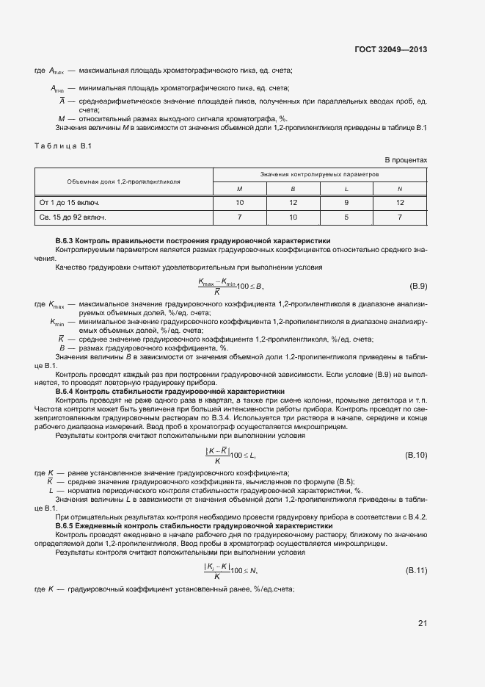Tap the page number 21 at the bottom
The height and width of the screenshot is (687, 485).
tap(422, 624)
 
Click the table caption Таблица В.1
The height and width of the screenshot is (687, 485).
tap(62, 145)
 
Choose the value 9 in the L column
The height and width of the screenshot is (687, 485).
tap(346, 202)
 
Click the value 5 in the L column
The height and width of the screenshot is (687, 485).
tap(346, 217)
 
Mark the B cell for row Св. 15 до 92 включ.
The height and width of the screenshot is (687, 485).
tap(293, 217)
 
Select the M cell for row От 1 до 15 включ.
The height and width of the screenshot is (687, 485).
tap(239, 202)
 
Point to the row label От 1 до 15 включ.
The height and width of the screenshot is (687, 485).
tap(69, 202)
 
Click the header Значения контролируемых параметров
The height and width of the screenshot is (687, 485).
tap(319, 175)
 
